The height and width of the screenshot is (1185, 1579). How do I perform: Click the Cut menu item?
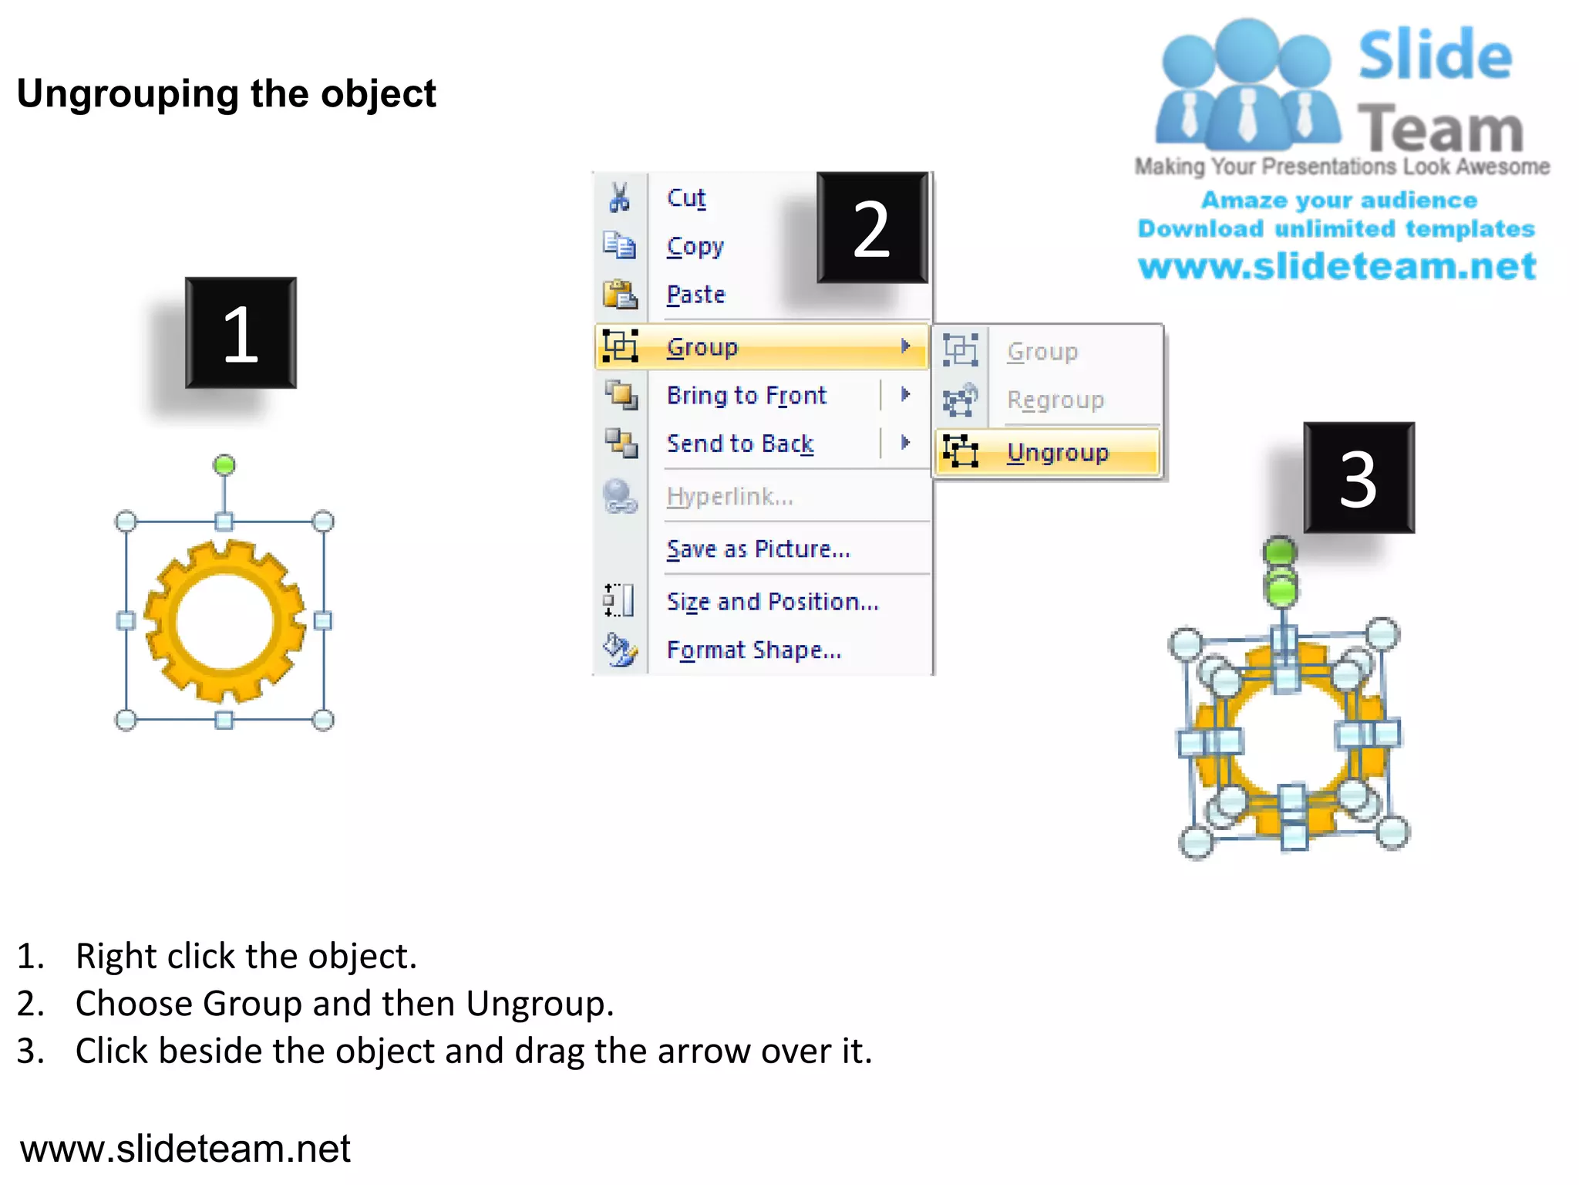685,197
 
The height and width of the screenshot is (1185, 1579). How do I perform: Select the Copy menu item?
695,246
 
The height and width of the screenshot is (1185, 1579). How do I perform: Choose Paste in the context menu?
695,295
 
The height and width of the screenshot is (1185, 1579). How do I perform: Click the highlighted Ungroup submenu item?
1057,452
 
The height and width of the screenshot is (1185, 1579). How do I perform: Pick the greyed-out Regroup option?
1055,400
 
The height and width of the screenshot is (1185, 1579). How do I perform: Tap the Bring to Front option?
746,395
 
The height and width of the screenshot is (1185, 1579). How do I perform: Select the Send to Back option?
739,444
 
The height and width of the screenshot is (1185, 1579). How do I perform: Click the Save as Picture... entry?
758,549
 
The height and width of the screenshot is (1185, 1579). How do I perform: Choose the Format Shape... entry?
753,650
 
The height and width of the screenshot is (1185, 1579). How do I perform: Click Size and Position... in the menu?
772,601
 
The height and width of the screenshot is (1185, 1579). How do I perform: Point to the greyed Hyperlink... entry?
729,496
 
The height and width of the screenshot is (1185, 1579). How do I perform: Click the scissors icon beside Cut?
619,197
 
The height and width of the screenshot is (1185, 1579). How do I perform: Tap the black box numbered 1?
241,333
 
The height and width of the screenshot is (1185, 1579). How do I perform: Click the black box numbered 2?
872,228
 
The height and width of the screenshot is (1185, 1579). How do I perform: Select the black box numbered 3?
1358,478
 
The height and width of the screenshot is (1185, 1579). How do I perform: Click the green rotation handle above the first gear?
224,465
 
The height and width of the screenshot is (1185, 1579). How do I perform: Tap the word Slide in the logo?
1435,55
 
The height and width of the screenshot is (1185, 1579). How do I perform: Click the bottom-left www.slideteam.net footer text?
185,1148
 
